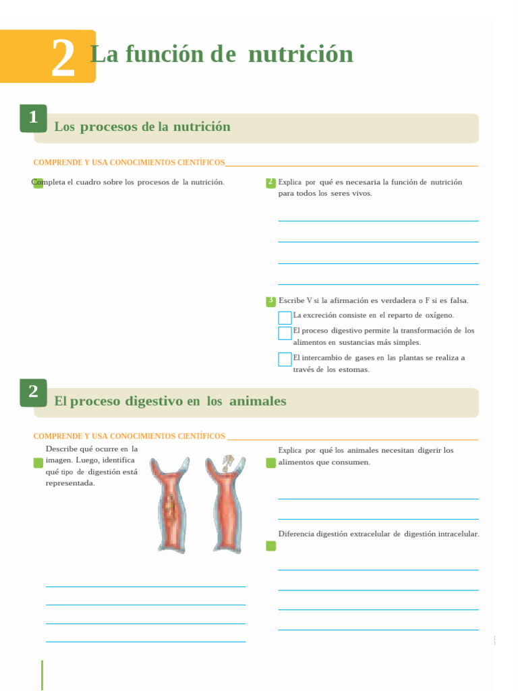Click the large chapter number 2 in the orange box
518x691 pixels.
(x=63, y=59)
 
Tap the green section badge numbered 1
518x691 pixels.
(x=33, y=119)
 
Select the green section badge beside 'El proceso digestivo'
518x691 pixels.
(x=33, y=393)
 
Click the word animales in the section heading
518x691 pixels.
(x=258, y=402)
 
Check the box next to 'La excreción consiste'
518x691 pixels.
(x=285, y=318)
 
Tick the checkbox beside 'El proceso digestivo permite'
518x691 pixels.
(x=285, y=333)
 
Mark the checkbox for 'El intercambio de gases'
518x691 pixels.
(x=285, y=360)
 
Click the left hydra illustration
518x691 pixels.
(x=169, y=504)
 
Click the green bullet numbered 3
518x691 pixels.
(x=270, y=301)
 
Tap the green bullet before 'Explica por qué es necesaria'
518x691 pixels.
(x=270, y=182)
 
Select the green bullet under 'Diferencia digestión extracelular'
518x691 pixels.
(x=270, y=546)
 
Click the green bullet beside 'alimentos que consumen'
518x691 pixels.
(x=270, y=463)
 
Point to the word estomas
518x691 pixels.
(x=355, y=370)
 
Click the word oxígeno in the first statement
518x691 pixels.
(x=439, y=315)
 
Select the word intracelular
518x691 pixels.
(x=458, y=534)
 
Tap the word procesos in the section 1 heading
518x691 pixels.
(x=108, y=127)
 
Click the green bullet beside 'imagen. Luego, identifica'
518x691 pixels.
(x=38, y=463)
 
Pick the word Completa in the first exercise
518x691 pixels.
(x=49, y=182)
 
